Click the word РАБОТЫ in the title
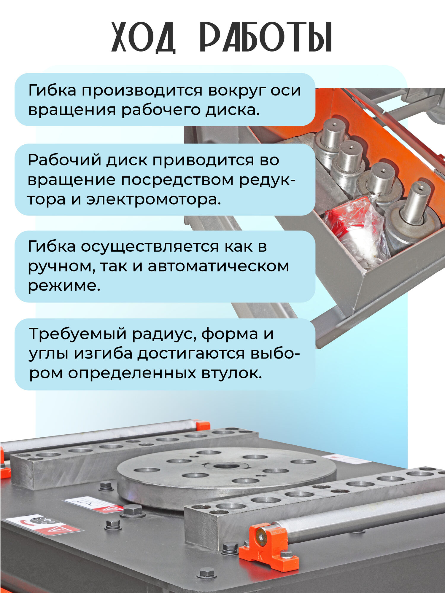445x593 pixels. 266,37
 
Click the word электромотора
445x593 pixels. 153,199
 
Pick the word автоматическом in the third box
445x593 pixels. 218,266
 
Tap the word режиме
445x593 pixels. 64,286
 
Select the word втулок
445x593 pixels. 232,373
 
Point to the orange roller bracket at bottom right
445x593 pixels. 268,547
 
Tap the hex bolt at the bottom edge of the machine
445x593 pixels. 206,573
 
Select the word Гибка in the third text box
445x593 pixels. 52,246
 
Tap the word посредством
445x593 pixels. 177,180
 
